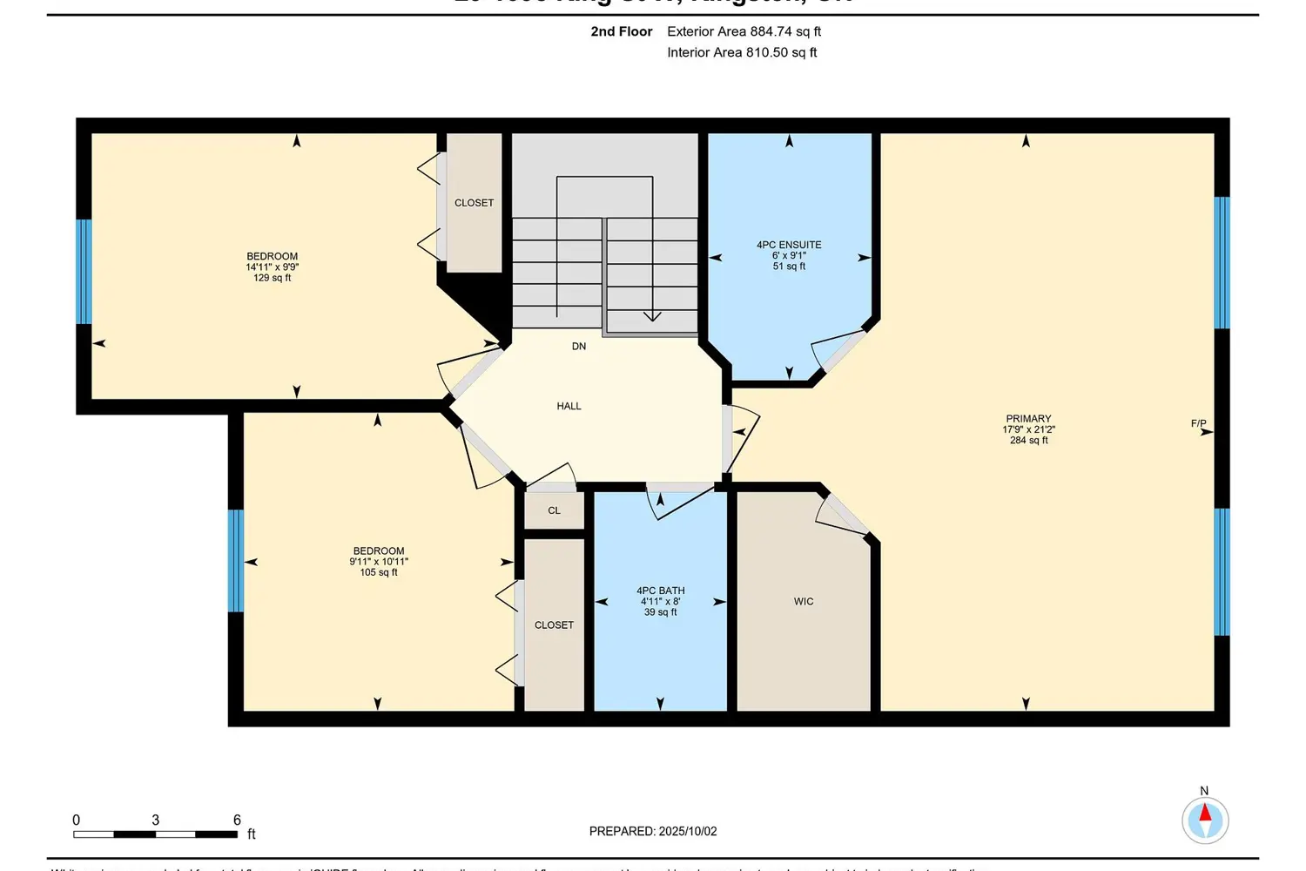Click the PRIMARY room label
[x=1028, y=418]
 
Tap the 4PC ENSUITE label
[x=789, y=245]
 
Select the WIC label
[x=804, y=602]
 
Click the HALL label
[x=569, y=406]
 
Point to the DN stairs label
[x=579, y=347]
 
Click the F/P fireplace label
[x=1199, y=424]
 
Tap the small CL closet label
[x=554, y=510]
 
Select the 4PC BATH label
[x=660, y=591]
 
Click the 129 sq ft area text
[x=273, y=278]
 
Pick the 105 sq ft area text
[x=379, y=572]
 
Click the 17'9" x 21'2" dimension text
[x=1028, y=429]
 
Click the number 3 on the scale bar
[x=156, y=820]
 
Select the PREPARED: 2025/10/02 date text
[x=653, y=831]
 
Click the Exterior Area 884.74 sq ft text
[x=744, y=31]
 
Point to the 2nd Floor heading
[x=622, y=31]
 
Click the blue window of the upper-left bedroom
[x=84, y=271]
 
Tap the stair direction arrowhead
[x=652, y=316]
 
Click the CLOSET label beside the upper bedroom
[x=474, y=203]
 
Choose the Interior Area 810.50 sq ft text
[x=742, y=52]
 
